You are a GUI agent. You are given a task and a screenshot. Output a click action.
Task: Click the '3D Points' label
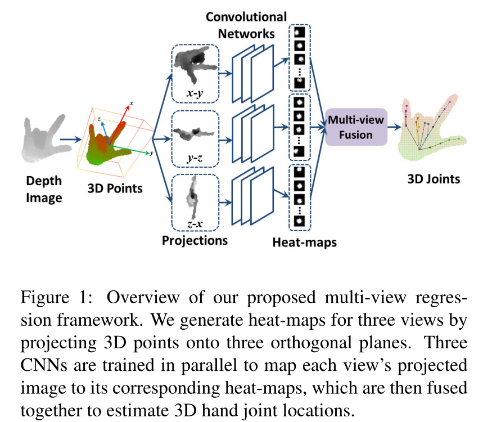tap(115, 188)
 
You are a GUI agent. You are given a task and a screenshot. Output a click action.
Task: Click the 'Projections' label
tap(195, 240)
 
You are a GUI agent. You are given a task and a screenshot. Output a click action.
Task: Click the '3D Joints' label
tap(434, 179)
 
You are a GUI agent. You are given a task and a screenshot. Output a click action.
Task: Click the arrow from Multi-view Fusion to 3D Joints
tap(396, 128)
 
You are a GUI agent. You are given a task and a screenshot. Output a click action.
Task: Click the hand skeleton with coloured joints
tap(432, 128)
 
